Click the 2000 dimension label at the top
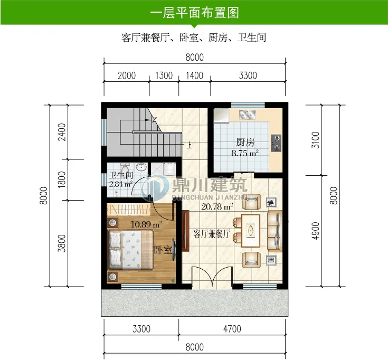[127, 75]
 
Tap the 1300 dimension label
[164, 75]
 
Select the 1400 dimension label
[194, 75]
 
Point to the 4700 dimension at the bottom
[232, 329]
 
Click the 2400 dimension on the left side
[62, 132]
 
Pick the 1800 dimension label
[62, 179]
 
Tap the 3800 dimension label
[62, 243]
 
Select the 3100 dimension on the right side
[316, 140]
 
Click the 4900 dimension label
[316, 231]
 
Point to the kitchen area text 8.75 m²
[245, 153]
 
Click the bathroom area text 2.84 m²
[121, 184]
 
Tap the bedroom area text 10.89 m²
[147, 224]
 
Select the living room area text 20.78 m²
[217, 206]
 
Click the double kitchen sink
[247, 115]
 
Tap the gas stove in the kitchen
[276, 143]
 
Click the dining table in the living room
[251, 231]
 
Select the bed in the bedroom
[130, 250]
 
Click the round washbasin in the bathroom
[141, 167]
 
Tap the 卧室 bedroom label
[163, 250]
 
